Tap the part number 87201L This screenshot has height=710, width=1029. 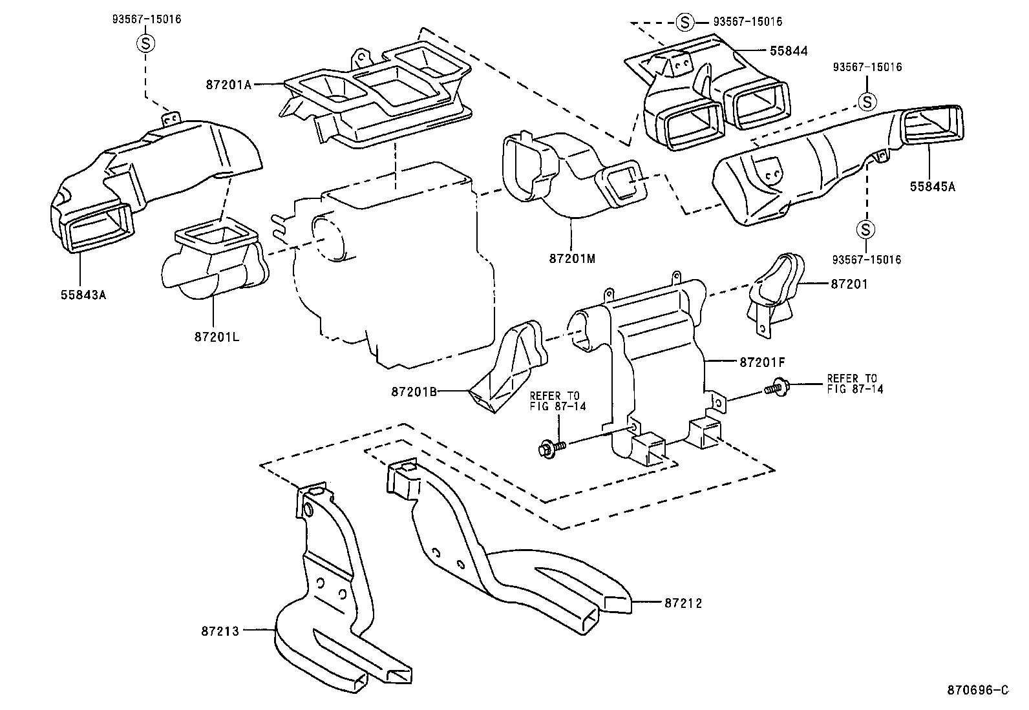tap(217, 337)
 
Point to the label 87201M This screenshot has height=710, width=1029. tap(572, 258)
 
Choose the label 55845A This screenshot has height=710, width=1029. tap(933, 187)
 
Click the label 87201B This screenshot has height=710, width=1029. tap(414, 392)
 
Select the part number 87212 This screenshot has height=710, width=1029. tap(683, 603)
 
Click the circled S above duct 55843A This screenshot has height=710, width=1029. tap(145, 43)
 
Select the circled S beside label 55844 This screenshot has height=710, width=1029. tap(684, 22)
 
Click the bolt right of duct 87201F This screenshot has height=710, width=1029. tap(776, 387)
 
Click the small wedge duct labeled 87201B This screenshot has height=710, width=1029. tap(511, 368)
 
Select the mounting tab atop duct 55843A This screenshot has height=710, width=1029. tap(170, 120)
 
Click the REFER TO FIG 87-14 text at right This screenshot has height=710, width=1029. tap(854, 384)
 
